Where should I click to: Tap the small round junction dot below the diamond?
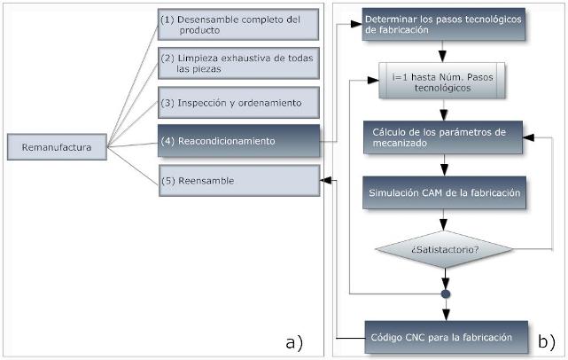pos(447,293)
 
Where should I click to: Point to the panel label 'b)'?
pos(546,340)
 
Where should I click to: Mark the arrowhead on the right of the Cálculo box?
pos(528,138)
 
